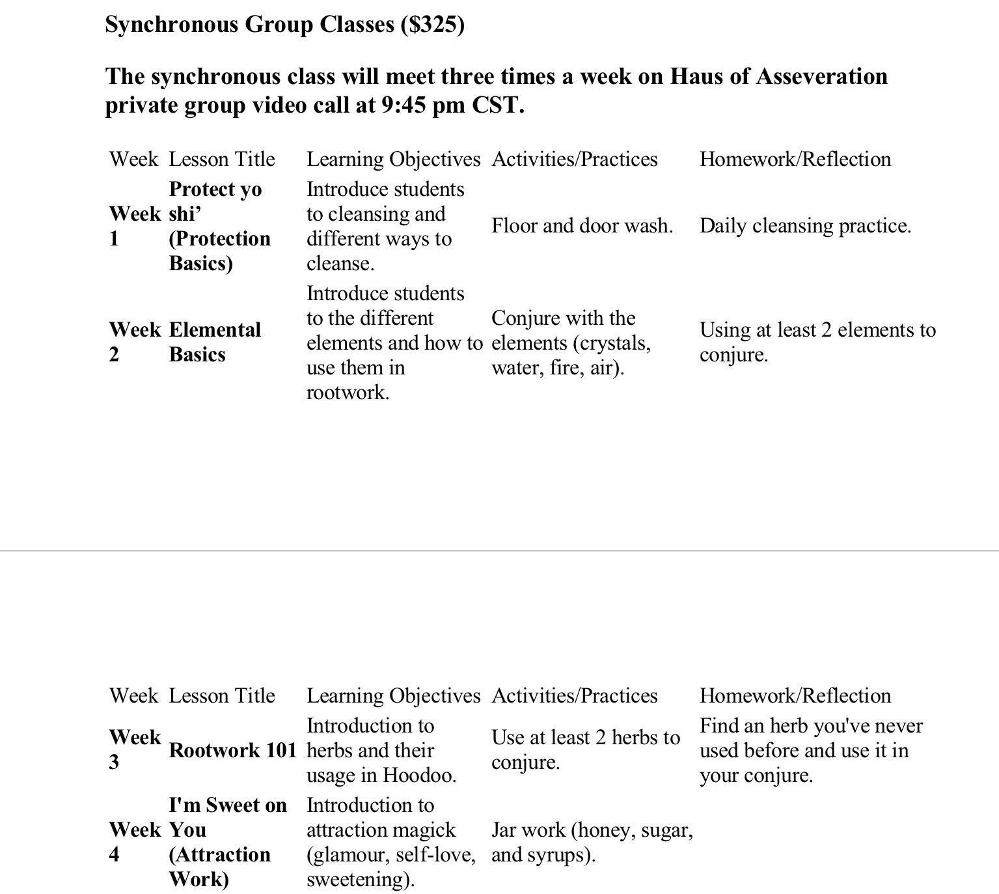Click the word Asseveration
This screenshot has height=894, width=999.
pyautogui.click(x=821, y=76)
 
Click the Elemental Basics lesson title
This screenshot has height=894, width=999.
pyautogui.click(x=214, y=342)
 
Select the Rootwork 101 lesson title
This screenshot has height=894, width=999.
pyautogui.click(x=232, y=750)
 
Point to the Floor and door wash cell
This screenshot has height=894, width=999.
pyautogui.click(x=582, y=226)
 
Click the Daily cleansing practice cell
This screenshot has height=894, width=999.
pyautogui.click(x=805, y=226)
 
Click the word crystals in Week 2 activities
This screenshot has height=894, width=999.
pyautogui.click(x=612, y=342)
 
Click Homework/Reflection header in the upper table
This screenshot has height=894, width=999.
pyautogui.click(x=795, y=160)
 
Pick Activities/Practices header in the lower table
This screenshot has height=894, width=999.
pyautogui.click(x=574, y=696)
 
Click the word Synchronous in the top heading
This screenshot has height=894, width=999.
pyautogui.click(x=172, y=25)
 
